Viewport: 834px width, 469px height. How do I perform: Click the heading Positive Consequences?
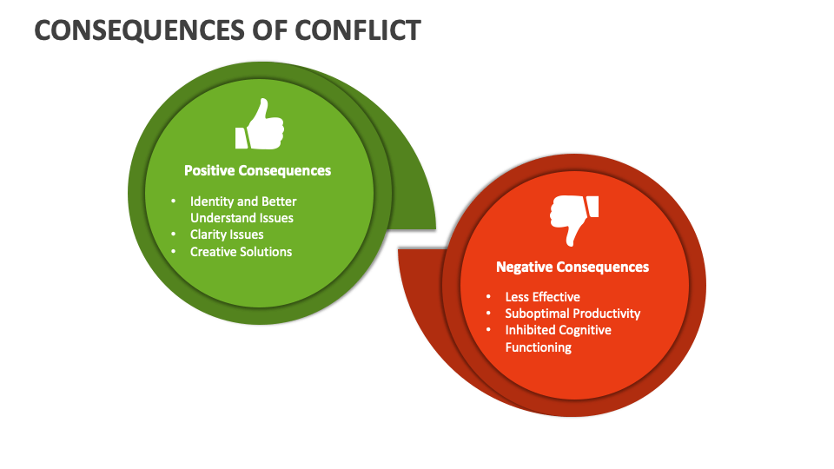[257, 170]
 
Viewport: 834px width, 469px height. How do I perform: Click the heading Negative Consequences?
[572, 267]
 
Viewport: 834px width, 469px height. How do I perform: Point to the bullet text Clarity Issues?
[227, 234]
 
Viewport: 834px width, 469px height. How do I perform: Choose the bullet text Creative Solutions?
[241, 252]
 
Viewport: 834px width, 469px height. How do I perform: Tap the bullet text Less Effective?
[542, 297]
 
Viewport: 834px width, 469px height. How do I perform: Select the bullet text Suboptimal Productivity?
[573, 314]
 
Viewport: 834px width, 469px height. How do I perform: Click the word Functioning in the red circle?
[538, 347]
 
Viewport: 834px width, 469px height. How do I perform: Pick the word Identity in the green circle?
[212, 201]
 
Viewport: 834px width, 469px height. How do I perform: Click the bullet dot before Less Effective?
[488, 297]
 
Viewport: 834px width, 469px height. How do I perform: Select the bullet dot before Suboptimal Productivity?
[488, 314]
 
